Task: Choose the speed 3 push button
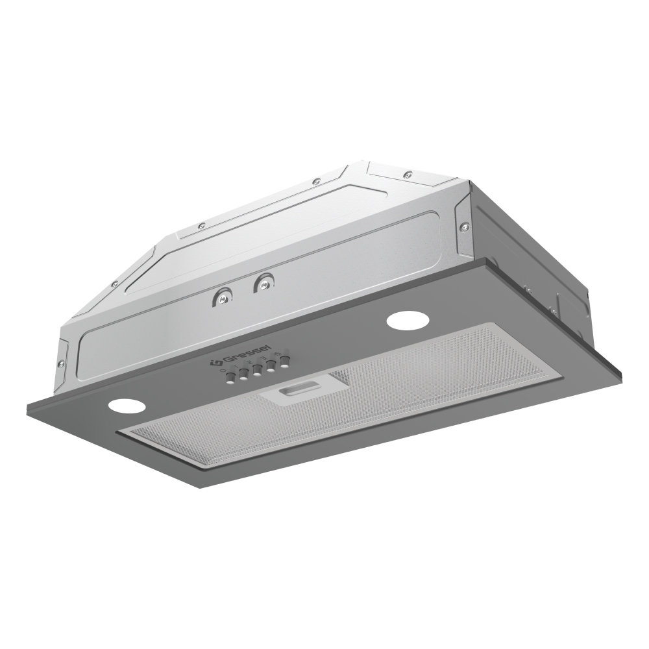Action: click(x=271, y=366)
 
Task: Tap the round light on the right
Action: click(x=402, y=321)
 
